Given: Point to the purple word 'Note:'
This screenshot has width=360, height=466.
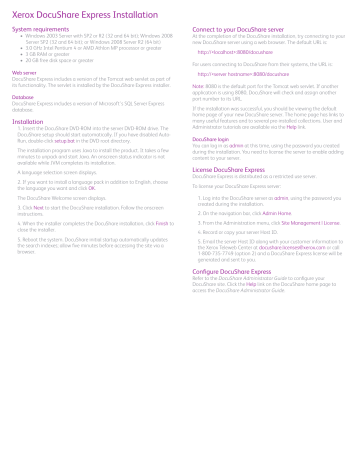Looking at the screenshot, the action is [x=199, y=87].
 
